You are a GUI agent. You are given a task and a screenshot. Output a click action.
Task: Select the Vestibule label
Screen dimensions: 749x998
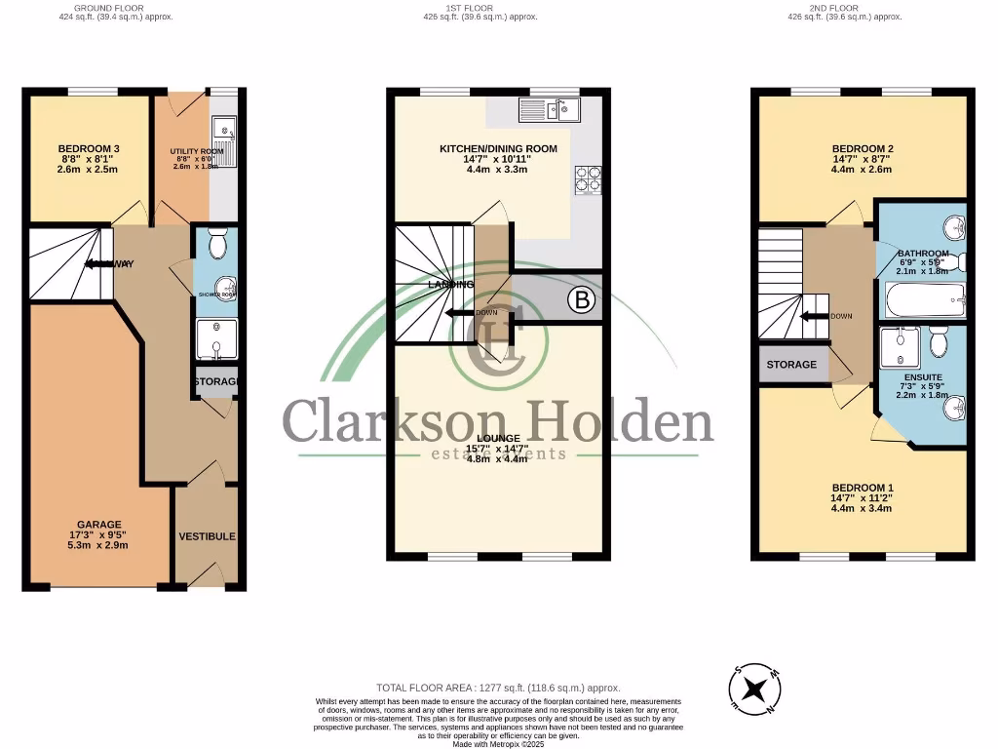tap(207, 536)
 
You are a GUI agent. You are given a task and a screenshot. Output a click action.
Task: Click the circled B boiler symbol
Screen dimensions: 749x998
tap(582, 301)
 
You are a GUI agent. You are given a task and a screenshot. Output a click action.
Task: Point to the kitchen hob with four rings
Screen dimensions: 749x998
tap(590, 179)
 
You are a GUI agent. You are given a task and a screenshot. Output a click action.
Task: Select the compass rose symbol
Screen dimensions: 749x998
tap(754, 690)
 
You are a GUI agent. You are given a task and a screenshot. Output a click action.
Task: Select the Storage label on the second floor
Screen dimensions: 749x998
tap(791, 365)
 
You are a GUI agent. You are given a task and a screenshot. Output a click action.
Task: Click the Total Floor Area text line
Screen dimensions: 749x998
tap(498, 689)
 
